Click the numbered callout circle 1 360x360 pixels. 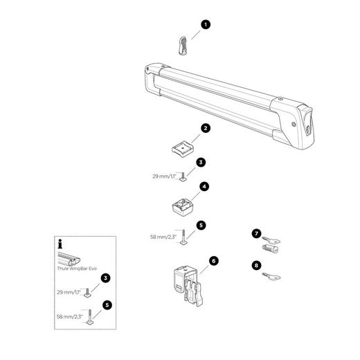(x=206, y=24)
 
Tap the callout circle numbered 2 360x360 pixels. (x=206, y=128)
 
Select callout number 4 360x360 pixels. (x=204, y=187)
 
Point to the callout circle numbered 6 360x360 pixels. (x=214, y=261)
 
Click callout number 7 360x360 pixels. (x=256, y=234)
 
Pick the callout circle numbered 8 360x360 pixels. (x=256, y=265)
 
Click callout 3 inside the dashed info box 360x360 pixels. (x=105, y=278)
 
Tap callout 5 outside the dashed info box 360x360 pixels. (x=201, y=225)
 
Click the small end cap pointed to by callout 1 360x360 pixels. (x=183, y=46)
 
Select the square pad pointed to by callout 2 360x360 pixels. (x=183, y=149)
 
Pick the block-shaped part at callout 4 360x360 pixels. (x=183, y=207)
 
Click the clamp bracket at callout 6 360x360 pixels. (x=188, y=286)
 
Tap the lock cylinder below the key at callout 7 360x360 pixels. (x=270, y=249)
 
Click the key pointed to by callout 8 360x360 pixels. (x=271, y=276)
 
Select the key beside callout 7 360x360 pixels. (x=271, y=240)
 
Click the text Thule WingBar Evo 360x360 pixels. (x=77, y=269)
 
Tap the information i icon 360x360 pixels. (x=60, y=244)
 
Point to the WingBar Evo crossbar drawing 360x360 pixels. (x=69, y=259)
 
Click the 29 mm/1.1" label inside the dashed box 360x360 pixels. (x=69, y=292)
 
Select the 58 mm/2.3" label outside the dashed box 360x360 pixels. (x=163, y=237)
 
